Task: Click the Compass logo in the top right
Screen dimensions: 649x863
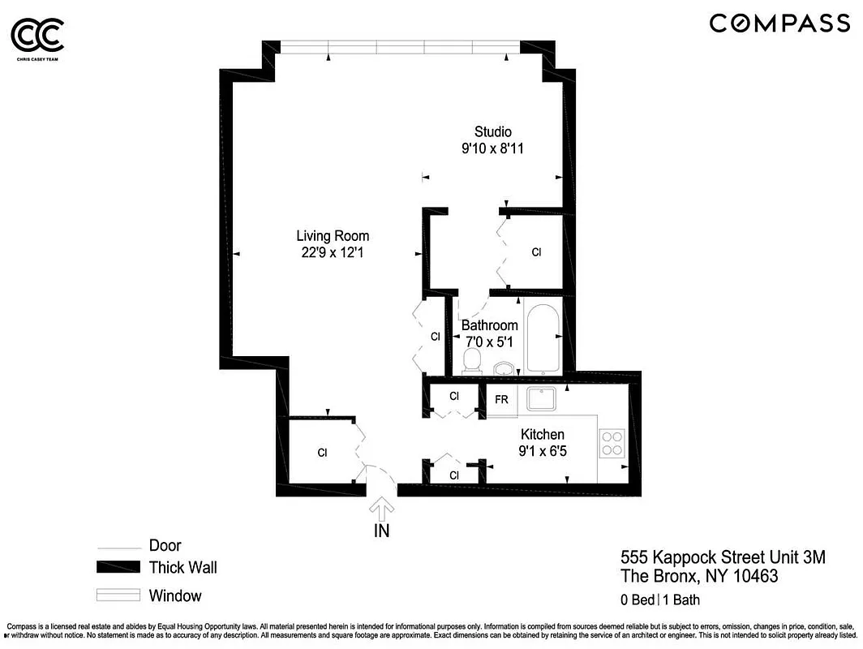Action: tap(779, 23)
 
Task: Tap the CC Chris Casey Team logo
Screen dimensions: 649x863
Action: tap(36, 37)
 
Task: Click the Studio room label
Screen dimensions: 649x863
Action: tap(492, 131)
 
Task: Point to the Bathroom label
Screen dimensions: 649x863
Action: tap(489, 325)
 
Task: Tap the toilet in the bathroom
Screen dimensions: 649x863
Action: tap(471, 360)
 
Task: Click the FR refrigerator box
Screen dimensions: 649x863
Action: tap(501, 401)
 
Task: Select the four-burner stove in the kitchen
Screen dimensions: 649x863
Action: tap(611, 443)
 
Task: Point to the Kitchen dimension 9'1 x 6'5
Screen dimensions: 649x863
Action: tap(542, 450)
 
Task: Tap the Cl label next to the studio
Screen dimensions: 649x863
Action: tap(536, 252)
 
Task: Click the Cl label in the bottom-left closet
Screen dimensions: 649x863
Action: tap(322, 453)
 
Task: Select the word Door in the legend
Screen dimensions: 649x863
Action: tap(165, 546)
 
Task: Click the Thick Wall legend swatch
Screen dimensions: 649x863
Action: tap(118, 567)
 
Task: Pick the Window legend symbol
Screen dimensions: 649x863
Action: tap(118, 595)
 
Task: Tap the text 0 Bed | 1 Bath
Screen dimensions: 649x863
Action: tap(659, 600)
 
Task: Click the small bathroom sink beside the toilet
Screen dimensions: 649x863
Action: tap(504, 368)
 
